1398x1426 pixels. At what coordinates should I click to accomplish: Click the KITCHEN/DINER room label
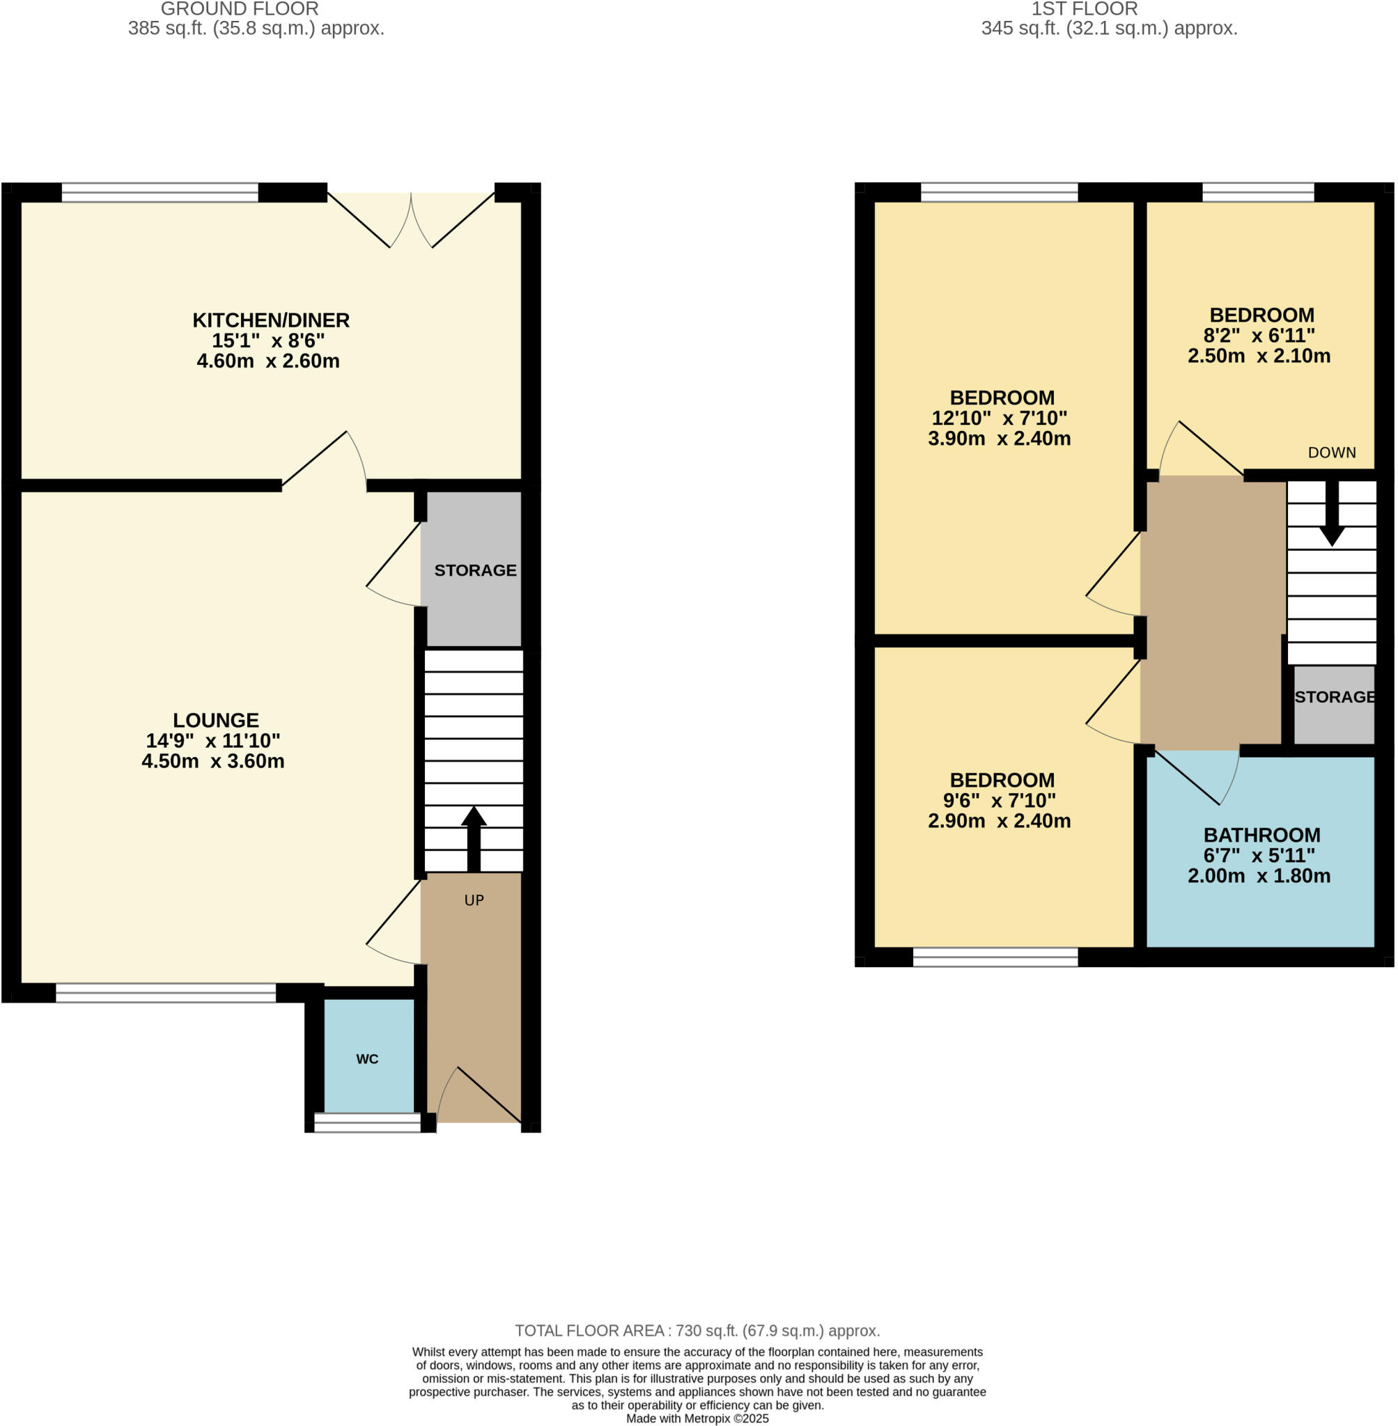(271, 320)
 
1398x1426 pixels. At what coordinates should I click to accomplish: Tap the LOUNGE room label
(216, 720)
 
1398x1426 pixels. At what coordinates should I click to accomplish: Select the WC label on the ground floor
(367, 1059)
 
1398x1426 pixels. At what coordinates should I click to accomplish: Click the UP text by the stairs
(474, 900)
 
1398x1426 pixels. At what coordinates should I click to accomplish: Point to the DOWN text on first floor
(1332, 453)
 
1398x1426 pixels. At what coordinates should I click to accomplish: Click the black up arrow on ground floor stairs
(474, 837)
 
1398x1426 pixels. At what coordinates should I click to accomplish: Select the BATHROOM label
(1261, 835)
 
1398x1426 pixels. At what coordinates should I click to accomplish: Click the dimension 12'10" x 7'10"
(1000, 418)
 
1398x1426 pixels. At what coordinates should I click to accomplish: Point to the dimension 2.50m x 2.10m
(1259, 356)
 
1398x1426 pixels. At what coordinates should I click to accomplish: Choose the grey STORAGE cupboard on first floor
(1334, 705)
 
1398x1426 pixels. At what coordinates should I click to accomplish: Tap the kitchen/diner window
(160, 192)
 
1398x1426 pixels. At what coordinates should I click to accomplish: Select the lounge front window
(166, 993)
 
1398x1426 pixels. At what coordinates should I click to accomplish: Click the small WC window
(367, 1123)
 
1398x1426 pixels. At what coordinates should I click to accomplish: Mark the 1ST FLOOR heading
(1085, 9)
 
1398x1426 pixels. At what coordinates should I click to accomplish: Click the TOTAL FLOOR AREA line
(697, 1331)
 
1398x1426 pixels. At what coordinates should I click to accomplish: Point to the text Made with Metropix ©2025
(697, 1418)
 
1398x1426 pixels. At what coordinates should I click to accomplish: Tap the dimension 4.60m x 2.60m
(268, 361)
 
